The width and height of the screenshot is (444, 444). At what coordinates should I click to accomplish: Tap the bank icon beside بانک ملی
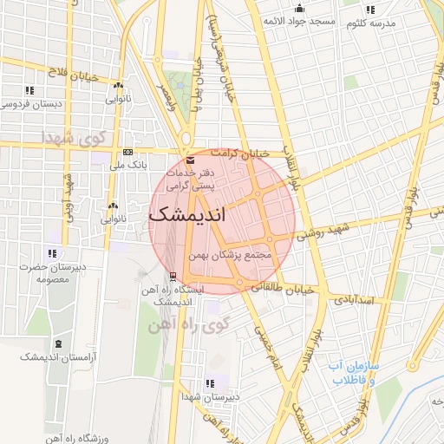(x=128, y=153)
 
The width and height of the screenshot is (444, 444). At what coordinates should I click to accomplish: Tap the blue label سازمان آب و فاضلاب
(x=352, y=374)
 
